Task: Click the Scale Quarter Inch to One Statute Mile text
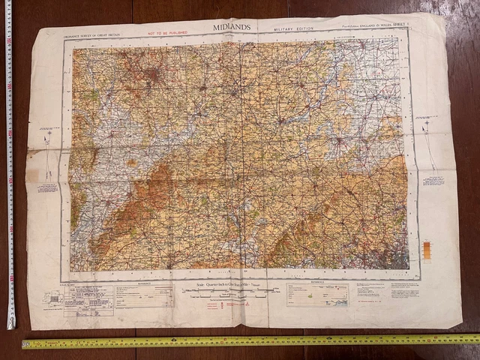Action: [229, 286]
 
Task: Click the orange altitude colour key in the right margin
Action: [427, 250]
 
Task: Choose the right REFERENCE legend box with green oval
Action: [317, 295]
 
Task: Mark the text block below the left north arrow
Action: [47, 185]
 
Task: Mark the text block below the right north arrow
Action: [433, 181]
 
